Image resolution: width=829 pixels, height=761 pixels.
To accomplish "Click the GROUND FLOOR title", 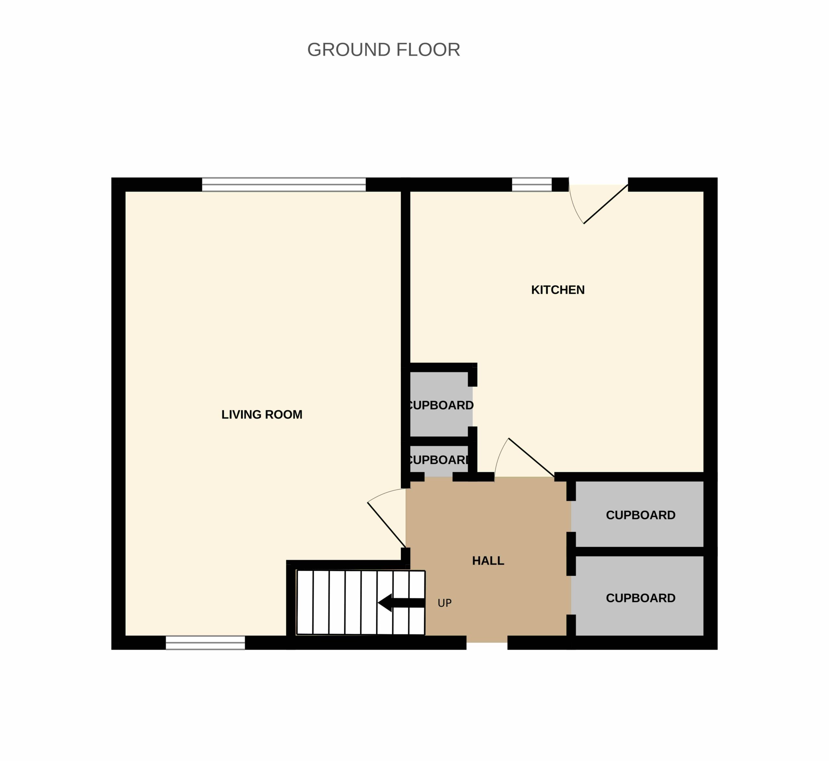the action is tap(384, 50).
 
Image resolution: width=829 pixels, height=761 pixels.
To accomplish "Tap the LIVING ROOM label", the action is tap(262, 415).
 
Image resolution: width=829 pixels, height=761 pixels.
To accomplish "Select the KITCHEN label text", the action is tap(558, 290).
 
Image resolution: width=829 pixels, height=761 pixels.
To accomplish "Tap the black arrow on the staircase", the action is tap(401, 603).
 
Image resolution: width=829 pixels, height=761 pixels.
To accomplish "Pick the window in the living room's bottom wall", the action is tap(205, 643).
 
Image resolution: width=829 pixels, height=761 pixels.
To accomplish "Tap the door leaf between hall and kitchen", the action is tap(531, 457).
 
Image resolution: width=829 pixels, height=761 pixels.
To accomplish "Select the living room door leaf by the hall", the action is tap(386, 525).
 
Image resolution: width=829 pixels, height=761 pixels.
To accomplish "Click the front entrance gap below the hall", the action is tap(487, 643).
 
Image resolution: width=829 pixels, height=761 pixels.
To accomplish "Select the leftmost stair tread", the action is tap(305, 602).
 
